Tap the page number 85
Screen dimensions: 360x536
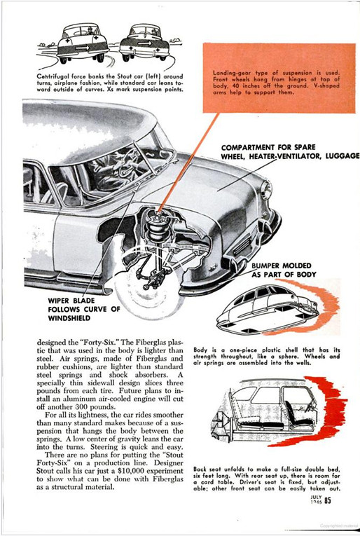[x=328, y=500]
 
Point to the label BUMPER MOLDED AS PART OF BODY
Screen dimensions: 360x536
[x=284, y=270]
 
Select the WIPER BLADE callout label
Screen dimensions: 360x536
[x=84, y=310]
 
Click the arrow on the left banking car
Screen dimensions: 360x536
[x=83, y=48]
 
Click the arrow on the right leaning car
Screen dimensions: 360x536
[x=145, y=43]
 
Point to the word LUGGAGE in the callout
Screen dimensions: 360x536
[x=342, y=156]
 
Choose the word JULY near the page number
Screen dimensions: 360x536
[x=316, y=497]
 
